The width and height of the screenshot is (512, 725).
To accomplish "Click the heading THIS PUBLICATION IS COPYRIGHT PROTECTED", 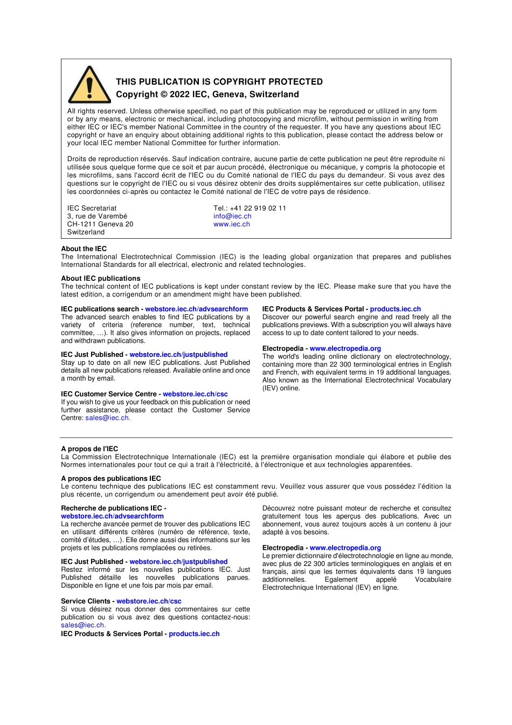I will click(x=219, y=82).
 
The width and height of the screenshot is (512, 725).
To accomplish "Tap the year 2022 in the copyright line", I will click(x=179, y=94).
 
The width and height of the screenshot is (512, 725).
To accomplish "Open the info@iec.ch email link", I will click(x=232, y=216).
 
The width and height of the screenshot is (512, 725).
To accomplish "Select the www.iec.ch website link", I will click(x=231, y=224).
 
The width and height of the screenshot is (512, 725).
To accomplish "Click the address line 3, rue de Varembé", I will click(x=97, y=216).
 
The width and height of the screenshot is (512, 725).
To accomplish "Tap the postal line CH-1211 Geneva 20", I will click(x=100, y=224).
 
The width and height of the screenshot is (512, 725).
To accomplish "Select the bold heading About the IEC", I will click(x=84, y=248).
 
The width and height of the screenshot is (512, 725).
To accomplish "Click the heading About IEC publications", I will click(x=100, y=278).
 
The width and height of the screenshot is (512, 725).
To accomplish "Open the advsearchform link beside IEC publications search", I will click(x=196, y=309).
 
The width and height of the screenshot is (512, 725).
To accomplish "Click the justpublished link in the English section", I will click(x=178, y=354).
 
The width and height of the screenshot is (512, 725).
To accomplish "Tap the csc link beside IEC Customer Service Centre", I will click(x=195, y=394).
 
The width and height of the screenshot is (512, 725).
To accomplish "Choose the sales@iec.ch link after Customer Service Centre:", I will click(x=107, y=418).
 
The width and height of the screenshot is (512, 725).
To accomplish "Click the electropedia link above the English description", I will click(x=345, y=348).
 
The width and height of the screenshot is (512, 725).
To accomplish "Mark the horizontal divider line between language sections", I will click(x=256, y=437).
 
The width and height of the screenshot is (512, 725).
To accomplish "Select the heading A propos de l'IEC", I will click(x=89, y=448).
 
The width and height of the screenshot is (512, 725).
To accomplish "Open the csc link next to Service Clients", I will click(x=149, y=601).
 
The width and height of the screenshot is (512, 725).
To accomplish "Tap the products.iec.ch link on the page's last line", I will click(x=194, y=634).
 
